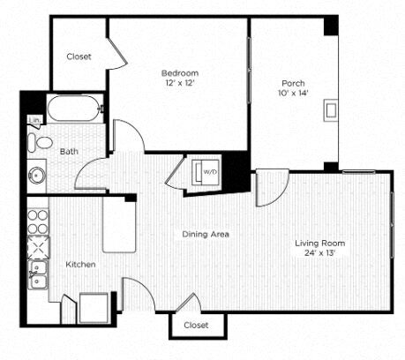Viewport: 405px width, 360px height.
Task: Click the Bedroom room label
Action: pyautogui.click(x=179, y=72)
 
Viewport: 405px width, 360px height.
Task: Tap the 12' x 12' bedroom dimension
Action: pyautogui.click(x=179, y=83)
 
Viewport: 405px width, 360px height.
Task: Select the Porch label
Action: pyautogui.click(x=295, y=84)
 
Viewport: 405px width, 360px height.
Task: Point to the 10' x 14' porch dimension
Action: pyautogui.click(x=295, y=94)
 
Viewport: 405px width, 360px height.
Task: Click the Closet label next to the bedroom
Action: pyautogui.click(x=79, y=56)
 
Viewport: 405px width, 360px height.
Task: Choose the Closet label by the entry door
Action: pyautogui.click(x=197, y=325)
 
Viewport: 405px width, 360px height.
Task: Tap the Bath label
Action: pyautogui.click(x=69, y=152)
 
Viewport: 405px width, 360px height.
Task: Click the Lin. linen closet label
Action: pyautogui.click(x=34, y=119)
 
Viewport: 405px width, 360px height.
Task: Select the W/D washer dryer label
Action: pyautogui.click(x=210, y=171)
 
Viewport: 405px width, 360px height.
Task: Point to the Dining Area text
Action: pyautogui.click(x=206, y=234)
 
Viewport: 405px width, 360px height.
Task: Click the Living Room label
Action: pyautogui.click(x=319, y=243)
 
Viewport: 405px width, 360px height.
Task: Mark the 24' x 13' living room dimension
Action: pyautogui.click(x=319, y=253)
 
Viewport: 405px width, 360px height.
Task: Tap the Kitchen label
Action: pyautogui.click(x=80, y=264)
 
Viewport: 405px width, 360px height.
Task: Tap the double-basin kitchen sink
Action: pyautogui.click(x=38, y=274)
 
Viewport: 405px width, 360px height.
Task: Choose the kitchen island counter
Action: pyautogui.click(x=120, y=226)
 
